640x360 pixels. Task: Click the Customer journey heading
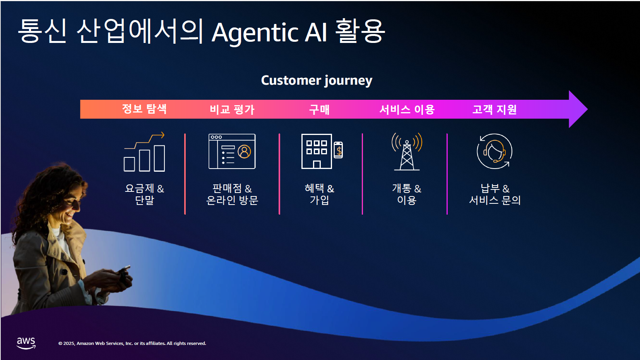[x=317, y=80]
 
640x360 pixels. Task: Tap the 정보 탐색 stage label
[x=144, y=109]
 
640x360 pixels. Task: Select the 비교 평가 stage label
[x=232, y=109]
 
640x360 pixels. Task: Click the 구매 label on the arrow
[x=320, y=109]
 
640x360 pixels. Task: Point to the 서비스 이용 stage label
[x=407, y=109]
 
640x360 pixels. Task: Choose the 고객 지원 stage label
[x=495, y=109]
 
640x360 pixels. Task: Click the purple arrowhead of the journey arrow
[x=578, y=109]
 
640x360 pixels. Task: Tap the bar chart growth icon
[x=144, y=152]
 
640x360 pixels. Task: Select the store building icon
[x=317, y=151]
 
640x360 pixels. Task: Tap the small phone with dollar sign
[x=338, y=150]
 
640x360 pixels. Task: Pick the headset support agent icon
[x=495, y=151]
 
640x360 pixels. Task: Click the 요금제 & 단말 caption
[x=144, y=194]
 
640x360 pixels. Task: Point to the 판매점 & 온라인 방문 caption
[x=232, y=194]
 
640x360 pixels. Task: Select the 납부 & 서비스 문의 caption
[x=495, y=194]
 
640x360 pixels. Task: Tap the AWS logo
[x=26, y=343]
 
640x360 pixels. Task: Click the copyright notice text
[x=132, y=343]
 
